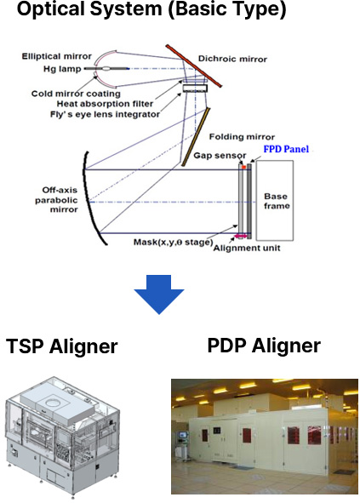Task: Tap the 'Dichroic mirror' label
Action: click(232, 59)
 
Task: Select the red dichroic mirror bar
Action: click(193, 66)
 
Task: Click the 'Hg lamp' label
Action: click(62, 69)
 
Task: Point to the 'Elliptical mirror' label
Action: click(57, 56)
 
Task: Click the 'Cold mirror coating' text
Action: click(76, 94)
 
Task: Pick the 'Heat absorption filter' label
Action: click(105, 104)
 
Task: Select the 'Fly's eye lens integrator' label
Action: click(105, 115)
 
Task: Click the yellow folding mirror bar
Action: click(196, 137)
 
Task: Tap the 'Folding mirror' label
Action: click(242, 137)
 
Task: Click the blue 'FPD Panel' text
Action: click(286, 149)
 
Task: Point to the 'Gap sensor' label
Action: click(220, 156)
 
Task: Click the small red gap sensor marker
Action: click(244, 167)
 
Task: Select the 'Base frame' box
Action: click(275, 201)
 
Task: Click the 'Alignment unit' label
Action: click(247, 248)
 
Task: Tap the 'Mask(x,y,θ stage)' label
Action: click(174, 242)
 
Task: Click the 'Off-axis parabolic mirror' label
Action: click(56, 200)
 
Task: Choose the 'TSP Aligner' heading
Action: click(62, 346)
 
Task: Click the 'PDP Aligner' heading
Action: click(264, 346)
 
